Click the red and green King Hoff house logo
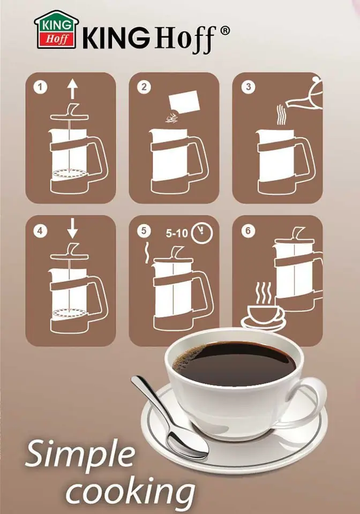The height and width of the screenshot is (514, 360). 56,30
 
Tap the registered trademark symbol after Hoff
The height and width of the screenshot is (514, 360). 224,31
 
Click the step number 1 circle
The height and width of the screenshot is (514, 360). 40,87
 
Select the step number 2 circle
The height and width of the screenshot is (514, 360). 144,87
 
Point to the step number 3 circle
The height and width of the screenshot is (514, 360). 248,87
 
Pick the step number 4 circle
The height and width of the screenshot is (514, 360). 40,231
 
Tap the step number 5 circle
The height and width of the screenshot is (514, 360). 144,231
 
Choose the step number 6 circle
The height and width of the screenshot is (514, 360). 248,231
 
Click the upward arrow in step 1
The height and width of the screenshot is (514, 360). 72,89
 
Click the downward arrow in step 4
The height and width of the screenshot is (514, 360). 72,229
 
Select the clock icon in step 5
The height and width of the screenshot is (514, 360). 201,233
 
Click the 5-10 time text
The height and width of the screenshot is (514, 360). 177,233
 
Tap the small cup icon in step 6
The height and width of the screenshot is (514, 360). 263,315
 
